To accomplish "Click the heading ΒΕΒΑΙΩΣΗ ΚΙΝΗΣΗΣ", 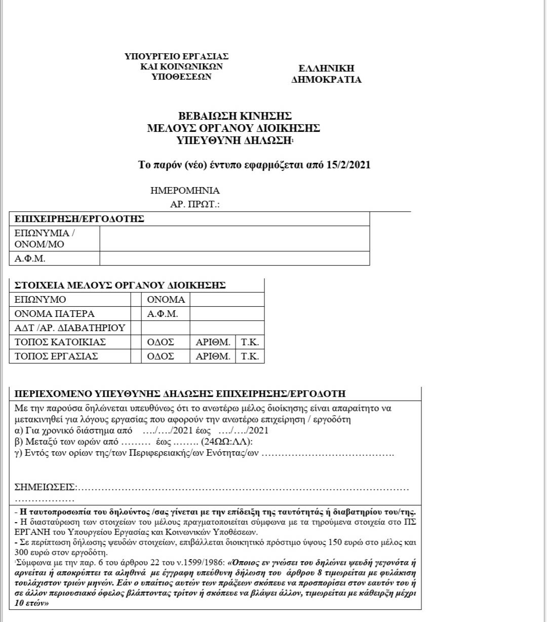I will [x=235, y=117].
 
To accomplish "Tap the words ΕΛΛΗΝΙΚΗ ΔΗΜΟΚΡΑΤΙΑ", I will [x=326, y=74].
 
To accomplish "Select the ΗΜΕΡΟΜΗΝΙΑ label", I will [x=185, y=191].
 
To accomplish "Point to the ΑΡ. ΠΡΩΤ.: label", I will [x=194, y=205].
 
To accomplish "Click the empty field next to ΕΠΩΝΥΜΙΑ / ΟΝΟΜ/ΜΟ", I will [x=235, y=239].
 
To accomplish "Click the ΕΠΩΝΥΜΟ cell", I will [x=41, y=300].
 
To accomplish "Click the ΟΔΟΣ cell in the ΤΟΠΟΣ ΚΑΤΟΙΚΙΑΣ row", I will [x=161, y=342].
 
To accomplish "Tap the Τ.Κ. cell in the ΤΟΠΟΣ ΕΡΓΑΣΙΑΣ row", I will [x=250, y=356].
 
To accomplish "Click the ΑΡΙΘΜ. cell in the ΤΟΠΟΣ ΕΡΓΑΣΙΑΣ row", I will [x=213, y=356].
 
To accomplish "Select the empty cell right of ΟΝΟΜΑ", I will [x=227, y=300].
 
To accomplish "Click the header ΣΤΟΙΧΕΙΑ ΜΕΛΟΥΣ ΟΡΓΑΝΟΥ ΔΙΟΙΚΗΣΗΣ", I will [x=120, y=285].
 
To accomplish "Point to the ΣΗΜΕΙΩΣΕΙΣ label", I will [x=45, y=488].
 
